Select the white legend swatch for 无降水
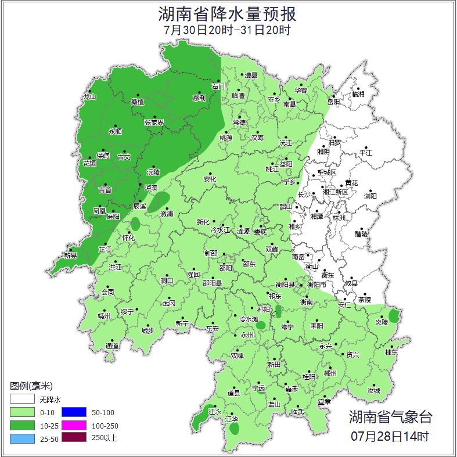[21, 400]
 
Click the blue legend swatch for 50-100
[74, 412]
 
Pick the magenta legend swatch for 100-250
[74, 425]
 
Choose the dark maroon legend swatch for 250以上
[74, 438]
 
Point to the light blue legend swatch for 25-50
[21, 438]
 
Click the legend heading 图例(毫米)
[31, 386]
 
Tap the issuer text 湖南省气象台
[390, 416]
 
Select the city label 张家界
[154, 123]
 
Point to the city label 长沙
[304, 195]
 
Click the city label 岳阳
[333, 102]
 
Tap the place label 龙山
[89, 97]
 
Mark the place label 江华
[232, 419]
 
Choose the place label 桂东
[392, 352]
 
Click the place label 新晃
[70, 256]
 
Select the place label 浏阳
[370, 196]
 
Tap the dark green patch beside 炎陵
[394, 316]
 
